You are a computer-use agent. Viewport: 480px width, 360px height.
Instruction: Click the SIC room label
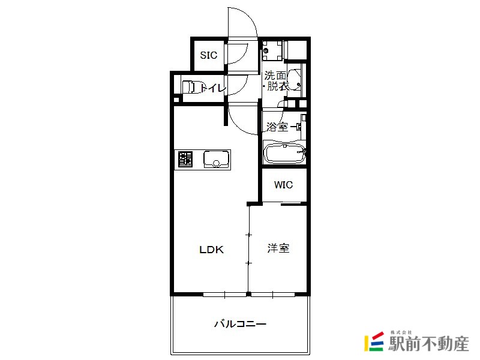coord(208,55)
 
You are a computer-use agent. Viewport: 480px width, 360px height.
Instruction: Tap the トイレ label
coord(214,88)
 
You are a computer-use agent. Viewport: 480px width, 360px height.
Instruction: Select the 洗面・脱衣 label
coord(275,81)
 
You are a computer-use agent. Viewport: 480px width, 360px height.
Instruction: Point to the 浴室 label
coord(277,127)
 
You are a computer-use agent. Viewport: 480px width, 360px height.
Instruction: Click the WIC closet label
coord(283,185)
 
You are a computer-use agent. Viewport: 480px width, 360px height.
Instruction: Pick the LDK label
coord(212,250)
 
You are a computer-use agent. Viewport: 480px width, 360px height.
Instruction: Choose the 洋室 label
coord(278,248)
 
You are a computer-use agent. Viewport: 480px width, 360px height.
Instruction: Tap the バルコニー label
coord(240,323)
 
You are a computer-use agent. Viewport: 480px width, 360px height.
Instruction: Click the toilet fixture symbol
coord(188,87)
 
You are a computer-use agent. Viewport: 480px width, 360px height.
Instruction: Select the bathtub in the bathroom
coord(284,153)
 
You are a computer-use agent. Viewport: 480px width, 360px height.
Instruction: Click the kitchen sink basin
coord(217,159)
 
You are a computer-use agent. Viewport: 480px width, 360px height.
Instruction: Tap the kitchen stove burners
coord(185,159)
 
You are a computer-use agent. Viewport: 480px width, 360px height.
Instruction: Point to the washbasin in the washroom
coord(294,80)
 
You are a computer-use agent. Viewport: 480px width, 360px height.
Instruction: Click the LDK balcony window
coord(224,295)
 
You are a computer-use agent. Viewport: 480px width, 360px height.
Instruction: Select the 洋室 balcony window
coord(273,295)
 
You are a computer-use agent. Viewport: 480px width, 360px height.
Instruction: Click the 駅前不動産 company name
coord(428,343)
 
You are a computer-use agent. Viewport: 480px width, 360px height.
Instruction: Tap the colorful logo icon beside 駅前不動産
coord(374,341)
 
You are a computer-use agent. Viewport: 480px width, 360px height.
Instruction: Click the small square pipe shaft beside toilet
coord(176,100)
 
